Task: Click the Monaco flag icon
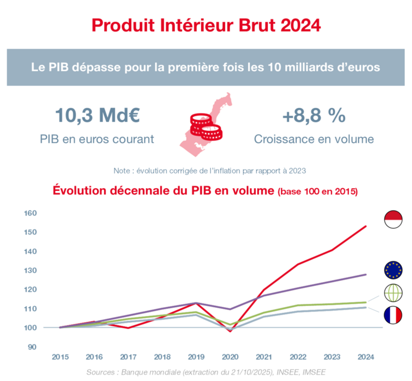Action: [393, 219]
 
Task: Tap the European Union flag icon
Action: [393, 270]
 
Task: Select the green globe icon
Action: [393, 292]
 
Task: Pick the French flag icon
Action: [393, 315]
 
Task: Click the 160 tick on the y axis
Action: [30, 213]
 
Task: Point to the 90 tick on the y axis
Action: [32, 347]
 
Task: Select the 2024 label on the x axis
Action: [366, 357]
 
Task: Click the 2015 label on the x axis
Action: [60, 357]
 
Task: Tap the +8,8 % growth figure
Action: [313, 116]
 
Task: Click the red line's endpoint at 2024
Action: [366, 226]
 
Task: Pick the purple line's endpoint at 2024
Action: [366, 274]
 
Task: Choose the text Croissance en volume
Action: [313, 140]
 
